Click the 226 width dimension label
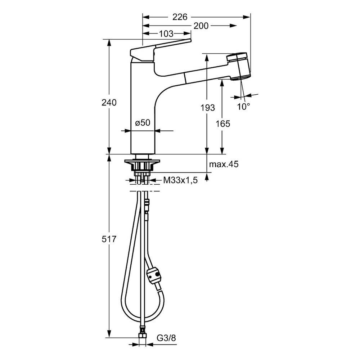pos(180,17)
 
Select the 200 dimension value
pos(201,26)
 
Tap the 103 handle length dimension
pos(166,34)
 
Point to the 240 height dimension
pos(109,102)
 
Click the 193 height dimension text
pos(208,107)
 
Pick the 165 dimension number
pos(223,124)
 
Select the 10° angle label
pos(244,107)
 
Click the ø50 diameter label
pos(143,123)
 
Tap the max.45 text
pos(224,164)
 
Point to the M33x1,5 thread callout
pos(180,180)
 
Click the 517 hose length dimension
pos(109,239)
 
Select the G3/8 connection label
pos(166,338)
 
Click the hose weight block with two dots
pos(154,275)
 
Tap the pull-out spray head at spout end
pos(239,67)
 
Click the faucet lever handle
pos(158,49)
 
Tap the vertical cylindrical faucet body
pos(143,108)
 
